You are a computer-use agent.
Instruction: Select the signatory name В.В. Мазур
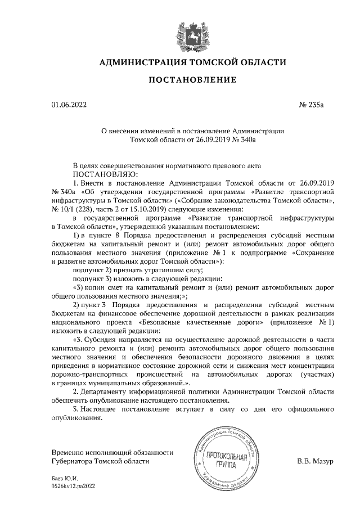pyautogui.click(x=316, y=461)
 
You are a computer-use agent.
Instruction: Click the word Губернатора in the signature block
pyautogui.click(x=71, y=462)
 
